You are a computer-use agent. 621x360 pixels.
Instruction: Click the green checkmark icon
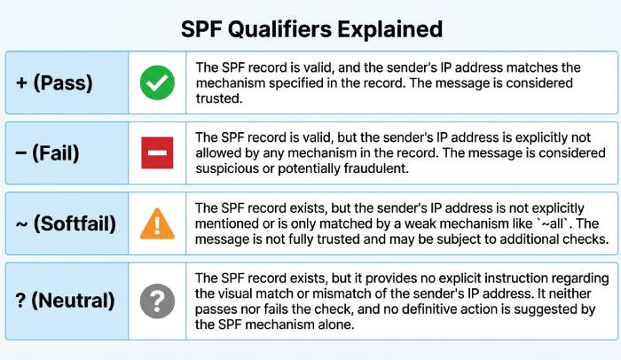click(157, 82)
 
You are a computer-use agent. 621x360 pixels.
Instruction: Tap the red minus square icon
click(157, 153)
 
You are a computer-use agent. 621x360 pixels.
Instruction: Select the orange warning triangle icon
click(157, 223)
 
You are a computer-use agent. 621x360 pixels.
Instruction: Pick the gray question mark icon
click(157, 301)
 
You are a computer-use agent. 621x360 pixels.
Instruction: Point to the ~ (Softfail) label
click(66, 223)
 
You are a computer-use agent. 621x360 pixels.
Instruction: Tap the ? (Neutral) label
click(65, 301)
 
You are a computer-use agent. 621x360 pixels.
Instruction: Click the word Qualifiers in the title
click(294, 29)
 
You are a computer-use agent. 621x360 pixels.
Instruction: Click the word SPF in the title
click(204, 29)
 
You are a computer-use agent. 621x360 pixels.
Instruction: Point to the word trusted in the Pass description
click(219, 99)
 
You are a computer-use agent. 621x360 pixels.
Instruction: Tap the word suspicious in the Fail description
click(224, 168)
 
